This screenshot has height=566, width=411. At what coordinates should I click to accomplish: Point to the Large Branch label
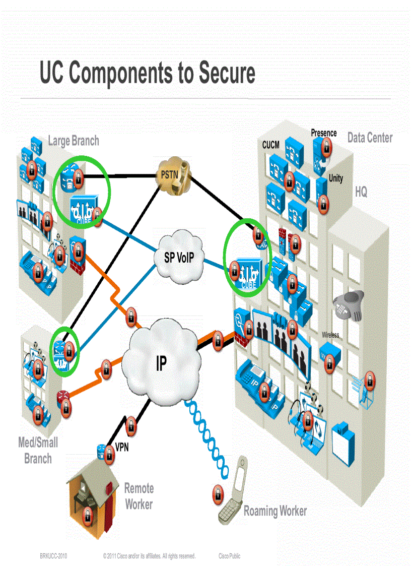[74, 141]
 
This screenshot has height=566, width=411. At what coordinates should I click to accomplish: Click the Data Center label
[370, 138]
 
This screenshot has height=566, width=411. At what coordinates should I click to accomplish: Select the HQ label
[361, 192]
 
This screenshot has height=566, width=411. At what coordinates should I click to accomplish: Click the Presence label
[323, 133]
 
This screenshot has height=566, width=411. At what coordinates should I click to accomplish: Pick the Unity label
[335, 178]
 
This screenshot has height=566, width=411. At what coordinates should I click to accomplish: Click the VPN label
[122, 447]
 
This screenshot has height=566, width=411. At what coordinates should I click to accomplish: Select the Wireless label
[330, 335]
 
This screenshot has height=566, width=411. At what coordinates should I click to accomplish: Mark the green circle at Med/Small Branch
[65, 350]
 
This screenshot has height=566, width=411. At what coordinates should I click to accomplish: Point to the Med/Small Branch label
[38, 451]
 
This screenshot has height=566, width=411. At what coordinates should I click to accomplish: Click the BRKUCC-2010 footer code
[53, 556]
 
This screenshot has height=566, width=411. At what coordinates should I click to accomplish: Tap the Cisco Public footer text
[229, 556]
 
